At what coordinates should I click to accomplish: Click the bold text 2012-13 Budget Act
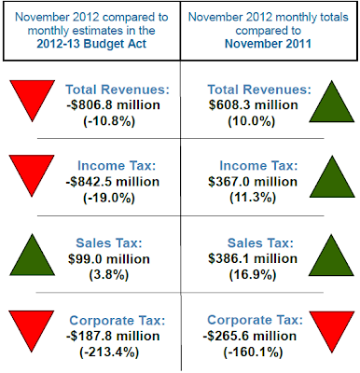click(91, 44)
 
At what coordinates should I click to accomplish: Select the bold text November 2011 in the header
click(268, 44)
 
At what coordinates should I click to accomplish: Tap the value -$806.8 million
click(113, 105)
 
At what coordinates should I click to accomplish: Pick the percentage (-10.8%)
click(109, 121)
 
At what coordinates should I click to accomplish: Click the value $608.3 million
click(254, 105)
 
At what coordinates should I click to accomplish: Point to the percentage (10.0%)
click(252, 121)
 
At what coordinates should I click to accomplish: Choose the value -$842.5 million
click(113, 182)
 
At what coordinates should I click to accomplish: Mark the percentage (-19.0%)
click(109, 198)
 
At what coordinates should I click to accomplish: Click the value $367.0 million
click(253, 182)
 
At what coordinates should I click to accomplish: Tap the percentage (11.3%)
click(253, 198)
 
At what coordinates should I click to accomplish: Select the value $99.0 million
click(109, 259)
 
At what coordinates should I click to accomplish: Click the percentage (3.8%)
click(109, 275)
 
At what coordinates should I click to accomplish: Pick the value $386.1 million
click(253, 258)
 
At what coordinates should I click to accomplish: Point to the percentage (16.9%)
click(253, 275)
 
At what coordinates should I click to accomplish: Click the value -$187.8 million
click(113, 336)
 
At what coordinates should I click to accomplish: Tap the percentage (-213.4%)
click(109, 352)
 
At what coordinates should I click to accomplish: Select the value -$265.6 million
click(250, 336)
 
